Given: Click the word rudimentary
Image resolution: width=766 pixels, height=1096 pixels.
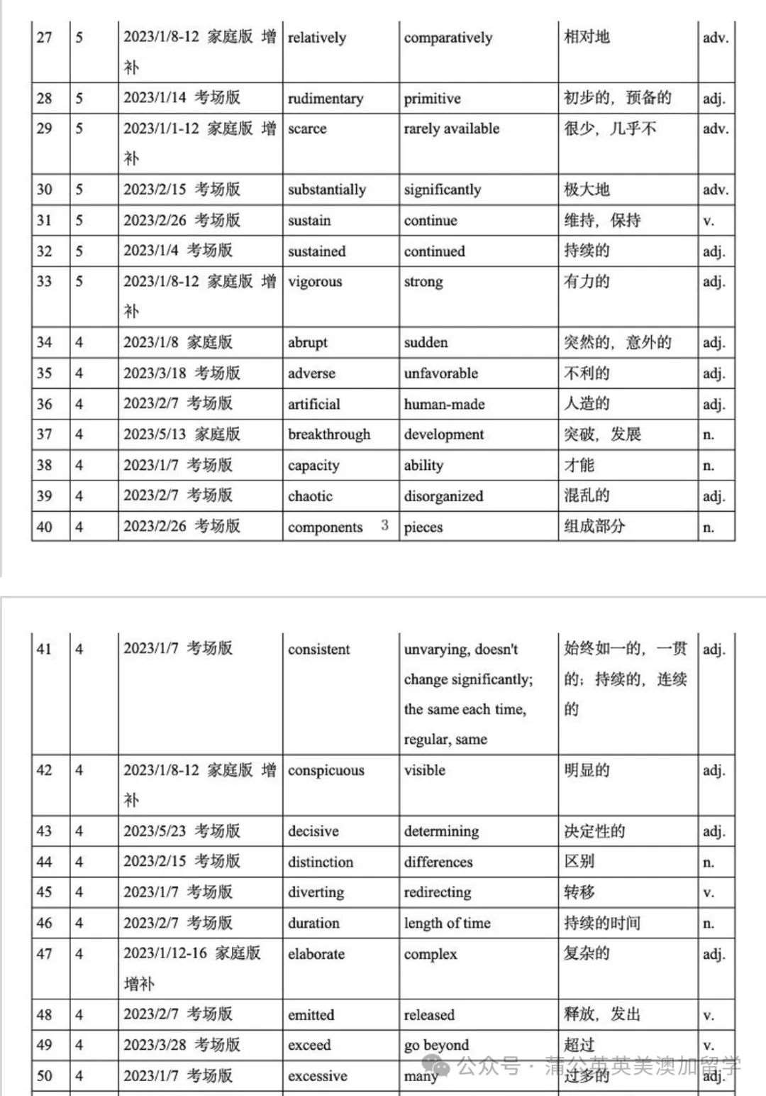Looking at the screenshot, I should click(325, 99).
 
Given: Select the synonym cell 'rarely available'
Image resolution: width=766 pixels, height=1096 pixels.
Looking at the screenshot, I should click(451, 128).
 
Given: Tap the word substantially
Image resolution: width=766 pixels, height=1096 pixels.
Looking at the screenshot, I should click(326, 190).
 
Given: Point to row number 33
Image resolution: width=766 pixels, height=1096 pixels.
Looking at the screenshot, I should click(44, 281).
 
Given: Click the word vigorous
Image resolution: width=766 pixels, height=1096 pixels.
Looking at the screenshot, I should click(314, 282).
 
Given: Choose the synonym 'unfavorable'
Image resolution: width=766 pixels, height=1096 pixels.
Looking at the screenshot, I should click(440, 373).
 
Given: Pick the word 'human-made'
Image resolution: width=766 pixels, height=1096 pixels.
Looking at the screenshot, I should click(444, 405).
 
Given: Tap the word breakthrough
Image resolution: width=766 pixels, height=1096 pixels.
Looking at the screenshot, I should click(328, 434).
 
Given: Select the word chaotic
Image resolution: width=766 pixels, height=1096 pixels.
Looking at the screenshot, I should click(310, 496).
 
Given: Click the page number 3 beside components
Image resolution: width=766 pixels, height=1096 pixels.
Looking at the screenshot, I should click(384, 525).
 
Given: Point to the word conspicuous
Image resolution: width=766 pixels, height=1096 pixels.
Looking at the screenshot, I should click(326, 770).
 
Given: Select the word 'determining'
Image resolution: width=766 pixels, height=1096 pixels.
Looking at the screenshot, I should click(440, 831).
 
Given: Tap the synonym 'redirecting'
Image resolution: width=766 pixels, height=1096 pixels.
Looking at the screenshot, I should click(437, 892).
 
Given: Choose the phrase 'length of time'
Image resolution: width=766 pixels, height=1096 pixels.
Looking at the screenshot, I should click(447, 924).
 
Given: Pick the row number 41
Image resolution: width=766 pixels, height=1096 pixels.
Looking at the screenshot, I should click(44, 649).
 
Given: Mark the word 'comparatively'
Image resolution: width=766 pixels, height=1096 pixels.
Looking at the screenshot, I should click(448, 38).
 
